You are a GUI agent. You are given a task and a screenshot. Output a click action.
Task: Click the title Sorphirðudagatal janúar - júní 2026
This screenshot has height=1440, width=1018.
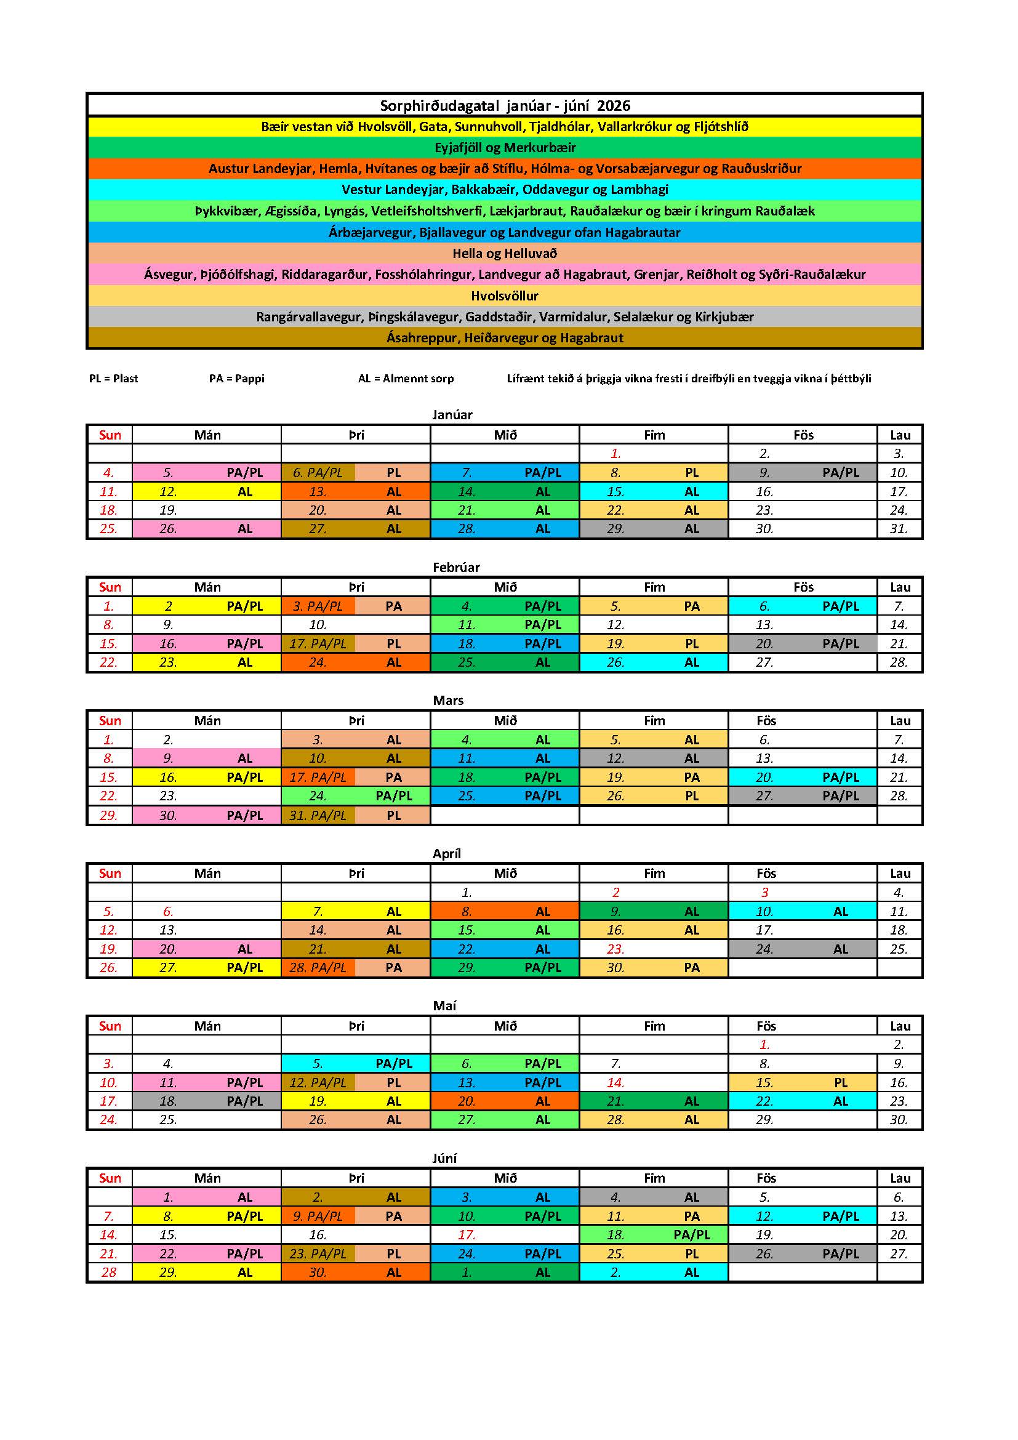tap(505, 105)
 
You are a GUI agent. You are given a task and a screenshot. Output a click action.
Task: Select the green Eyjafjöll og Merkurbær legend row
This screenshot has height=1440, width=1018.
tap(505, 147)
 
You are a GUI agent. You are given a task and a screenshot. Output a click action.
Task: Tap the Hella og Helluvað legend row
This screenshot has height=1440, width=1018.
tap(505, 254)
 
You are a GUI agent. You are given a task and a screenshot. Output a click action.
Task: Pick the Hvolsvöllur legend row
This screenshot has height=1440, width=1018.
tap(505, 296)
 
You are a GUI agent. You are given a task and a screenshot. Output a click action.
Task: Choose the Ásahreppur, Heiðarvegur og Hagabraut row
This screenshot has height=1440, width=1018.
tap(505, 338)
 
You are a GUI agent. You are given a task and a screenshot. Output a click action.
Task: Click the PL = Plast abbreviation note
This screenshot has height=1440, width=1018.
tap(113, 379)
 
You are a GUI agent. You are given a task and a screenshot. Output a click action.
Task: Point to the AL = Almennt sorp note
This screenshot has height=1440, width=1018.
tap(406, 379)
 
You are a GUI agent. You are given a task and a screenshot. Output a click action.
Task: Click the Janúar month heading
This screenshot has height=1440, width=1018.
tap(452, 414)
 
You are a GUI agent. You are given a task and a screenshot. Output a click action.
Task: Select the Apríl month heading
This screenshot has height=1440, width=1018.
tap(446, 853)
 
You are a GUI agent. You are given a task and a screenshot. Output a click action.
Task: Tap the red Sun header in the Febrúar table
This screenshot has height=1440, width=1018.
tap(110, 587)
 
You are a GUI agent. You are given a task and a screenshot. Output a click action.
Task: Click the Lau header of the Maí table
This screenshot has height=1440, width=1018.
tap(900, 1026)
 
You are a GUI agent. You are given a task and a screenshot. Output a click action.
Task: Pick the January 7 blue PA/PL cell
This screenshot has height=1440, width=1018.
tap(505, 473)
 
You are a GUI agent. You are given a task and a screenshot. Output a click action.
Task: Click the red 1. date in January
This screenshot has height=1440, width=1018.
tap(615, 454)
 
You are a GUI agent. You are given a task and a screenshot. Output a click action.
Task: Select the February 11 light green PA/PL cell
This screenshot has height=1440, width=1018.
tap(505, 625)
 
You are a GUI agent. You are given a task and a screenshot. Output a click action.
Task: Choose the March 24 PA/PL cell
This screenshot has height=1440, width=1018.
tap(355, 796)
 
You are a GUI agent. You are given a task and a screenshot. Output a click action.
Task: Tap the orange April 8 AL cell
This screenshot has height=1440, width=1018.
tap(505, 911)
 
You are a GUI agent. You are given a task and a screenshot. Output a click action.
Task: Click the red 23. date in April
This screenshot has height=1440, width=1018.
tap(615, 949)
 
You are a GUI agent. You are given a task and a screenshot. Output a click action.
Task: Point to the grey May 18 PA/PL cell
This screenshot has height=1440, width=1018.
tap(207, 1101)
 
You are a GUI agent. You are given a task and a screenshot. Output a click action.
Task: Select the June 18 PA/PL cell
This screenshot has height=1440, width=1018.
tap(654, 1235)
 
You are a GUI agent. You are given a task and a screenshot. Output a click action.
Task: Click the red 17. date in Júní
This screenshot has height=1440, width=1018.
tap(467, 1235)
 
